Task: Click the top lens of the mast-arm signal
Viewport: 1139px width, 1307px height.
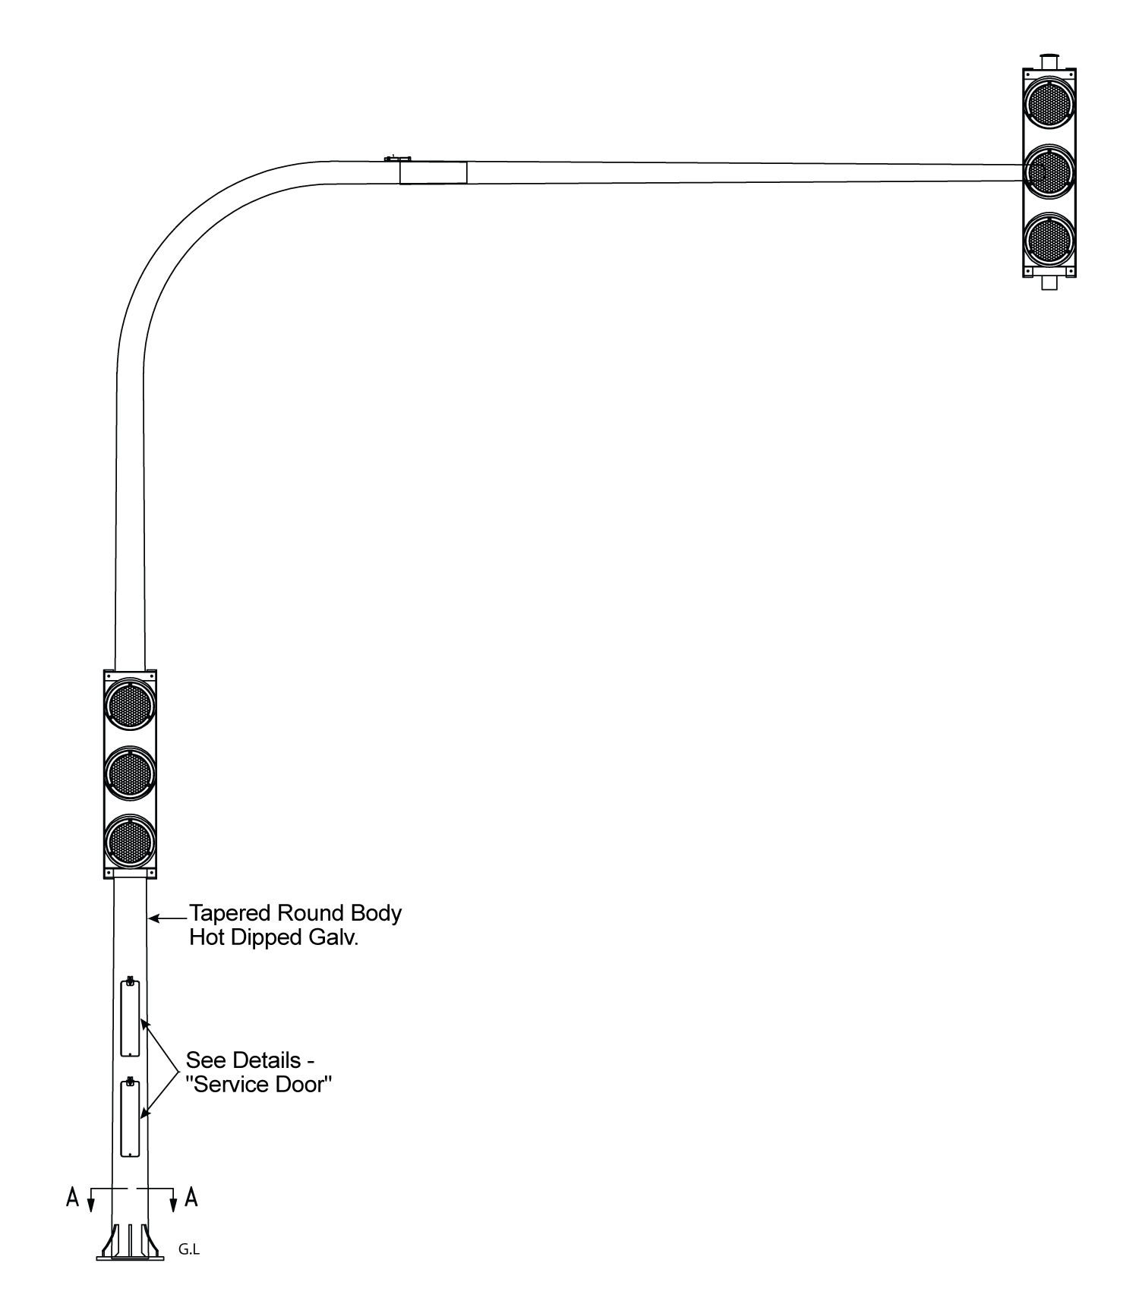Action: (1049, 103)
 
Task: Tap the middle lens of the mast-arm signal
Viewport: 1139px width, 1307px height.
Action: (1049, 172)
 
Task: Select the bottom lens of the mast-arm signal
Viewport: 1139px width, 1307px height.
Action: (1049, 240)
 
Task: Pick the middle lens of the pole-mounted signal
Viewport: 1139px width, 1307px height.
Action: (131, 773)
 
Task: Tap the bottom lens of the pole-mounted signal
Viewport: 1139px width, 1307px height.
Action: (131, 840)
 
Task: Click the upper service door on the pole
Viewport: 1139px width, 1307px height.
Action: (130, 1017)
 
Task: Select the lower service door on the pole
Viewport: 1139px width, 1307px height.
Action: (130, 1118)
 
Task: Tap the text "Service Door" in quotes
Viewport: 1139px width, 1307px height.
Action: (260, 1084)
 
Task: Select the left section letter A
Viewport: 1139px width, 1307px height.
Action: (73, 1198)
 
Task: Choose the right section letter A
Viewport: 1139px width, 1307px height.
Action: (191, 1198)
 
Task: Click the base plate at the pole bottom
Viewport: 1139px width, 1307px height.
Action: (130, 1258)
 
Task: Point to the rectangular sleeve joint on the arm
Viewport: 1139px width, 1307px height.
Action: (433, 172)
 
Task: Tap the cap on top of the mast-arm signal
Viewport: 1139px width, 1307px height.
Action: (1049, 61)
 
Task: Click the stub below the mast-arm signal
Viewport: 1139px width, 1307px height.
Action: (1049, 283)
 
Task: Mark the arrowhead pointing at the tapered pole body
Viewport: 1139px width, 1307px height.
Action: (153, 918)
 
